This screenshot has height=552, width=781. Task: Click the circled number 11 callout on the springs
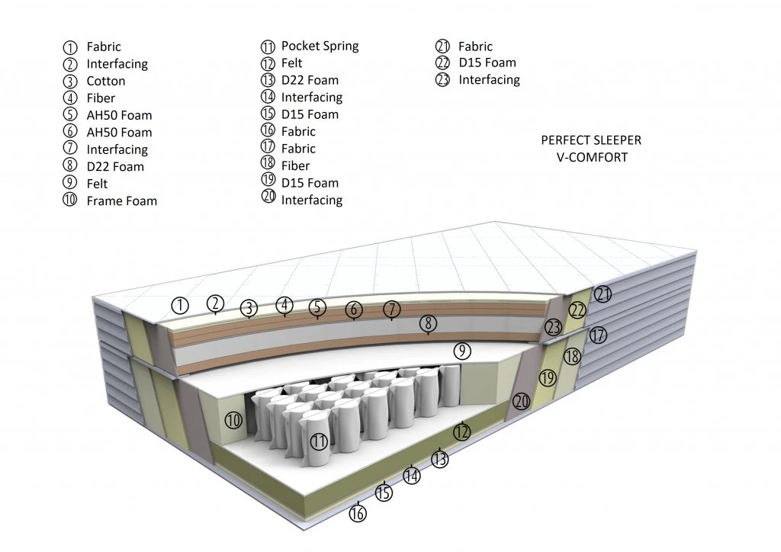click(319, 441)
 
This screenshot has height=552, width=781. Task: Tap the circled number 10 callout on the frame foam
click(233, 419)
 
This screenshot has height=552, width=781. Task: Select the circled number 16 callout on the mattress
click(358, 513)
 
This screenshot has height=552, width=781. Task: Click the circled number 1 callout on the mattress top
click(180, 306)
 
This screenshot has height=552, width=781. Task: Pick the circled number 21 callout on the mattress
click(603, 294)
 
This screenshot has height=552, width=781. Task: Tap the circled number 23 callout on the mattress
click(553, 328)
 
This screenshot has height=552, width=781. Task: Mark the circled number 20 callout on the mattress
click(522, 401)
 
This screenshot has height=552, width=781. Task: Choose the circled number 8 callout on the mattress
click(428, 323)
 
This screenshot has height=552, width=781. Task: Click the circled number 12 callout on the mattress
click(461, 432)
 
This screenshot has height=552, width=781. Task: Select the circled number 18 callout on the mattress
click(572, 357)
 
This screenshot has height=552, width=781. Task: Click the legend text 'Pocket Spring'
click(320, 46)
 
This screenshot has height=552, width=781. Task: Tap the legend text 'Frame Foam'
click(122, 201)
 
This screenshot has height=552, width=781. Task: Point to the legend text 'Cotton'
click(106, 81)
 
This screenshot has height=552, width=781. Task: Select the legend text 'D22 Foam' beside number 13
click(310, 80)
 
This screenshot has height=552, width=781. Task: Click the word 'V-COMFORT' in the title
click(591, 158)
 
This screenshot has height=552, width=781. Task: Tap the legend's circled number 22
click(443, 63)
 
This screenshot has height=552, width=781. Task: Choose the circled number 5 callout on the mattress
click(318, 308)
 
